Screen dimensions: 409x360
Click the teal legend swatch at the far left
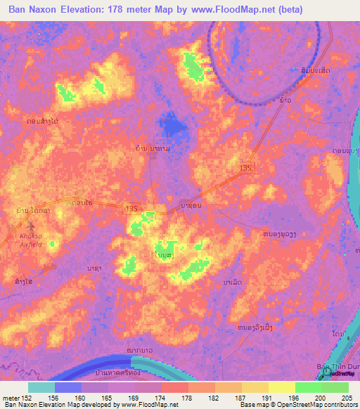click(x=41, y=387)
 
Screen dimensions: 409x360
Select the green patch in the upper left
click(x=67, y=92)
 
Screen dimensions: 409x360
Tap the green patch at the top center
click(x=191, y=67)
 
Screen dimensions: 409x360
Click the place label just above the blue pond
click(x=152, y=149)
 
